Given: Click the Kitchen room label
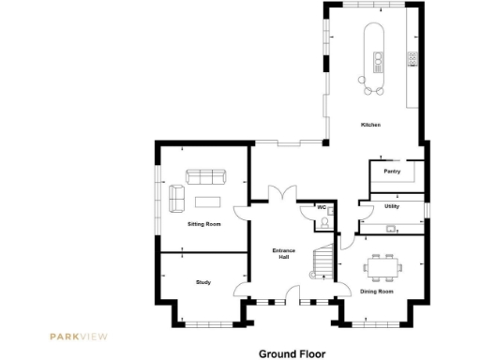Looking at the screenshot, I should click(370, 126).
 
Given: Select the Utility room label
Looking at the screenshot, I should click(392, 205).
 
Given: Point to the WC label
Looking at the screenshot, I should click(321, 206).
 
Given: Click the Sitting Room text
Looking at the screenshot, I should click(204, 225).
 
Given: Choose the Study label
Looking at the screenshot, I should click(203, 281).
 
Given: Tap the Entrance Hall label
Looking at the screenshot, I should click(283, 253).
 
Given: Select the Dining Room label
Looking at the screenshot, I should click(377, 292).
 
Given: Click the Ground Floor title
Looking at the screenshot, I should click(292, 354).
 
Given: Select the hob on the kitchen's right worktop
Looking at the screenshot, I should click(411, 58).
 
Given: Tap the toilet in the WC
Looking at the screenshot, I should click(323, 222).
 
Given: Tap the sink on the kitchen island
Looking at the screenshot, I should click(378, 64).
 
